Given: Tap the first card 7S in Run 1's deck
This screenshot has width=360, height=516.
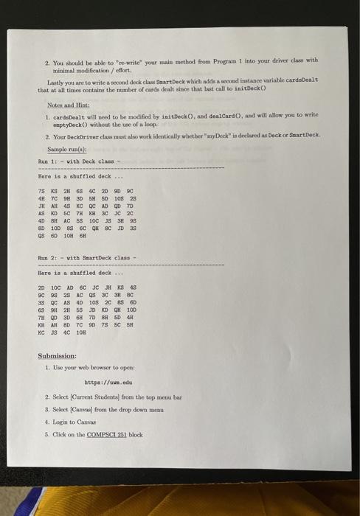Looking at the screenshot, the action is [x=41, y=188].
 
